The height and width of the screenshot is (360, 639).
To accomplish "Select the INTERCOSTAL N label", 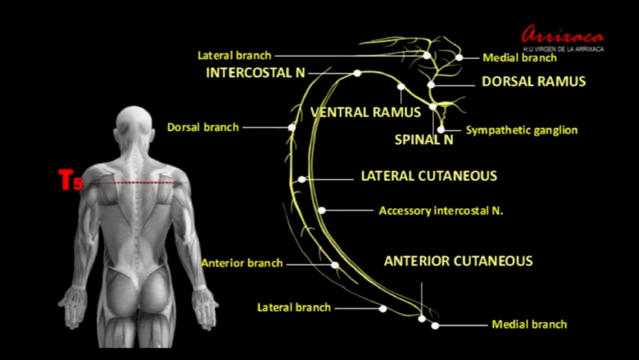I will point(256,73).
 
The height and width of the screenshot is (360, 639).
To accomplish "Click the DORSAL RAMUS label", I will point(534,82).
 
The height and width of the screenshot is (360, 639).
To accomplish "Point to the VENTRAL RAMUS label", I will point(366,112).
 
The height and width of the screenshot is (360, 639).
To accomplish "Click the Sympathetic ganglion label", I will point(521,130).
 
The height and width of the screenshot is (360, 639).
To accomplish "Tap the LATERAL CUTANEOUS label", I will point(429,176).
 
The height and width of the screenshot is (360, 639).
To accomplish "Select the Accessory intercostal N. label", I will point(441,210).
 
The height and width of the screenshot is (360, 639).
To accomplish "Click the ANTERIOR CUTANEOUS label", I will point(459,261).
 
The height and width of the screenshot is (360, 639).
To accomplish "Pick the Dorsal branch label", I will point(203,127).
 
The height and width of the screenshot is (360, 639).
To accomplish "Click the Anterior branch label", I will point(242,263).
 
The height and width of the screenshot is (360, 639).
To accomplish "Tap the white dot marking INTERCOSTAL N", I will point(357,73).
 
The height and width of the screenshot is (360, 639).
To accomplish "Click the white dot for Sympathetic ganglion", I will point(441,130).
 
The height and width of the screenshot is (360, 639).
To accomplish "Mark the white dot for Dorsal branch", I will point(292,127).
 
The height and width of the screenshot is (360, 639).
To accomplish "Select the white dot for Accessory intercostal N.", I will point(322,210).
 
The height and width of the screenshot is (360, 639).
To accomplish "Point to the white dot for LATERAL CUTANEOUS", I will point(302,179).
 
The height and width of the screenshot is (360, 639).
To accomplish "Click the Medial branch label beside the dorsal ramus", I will point(519,57).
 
